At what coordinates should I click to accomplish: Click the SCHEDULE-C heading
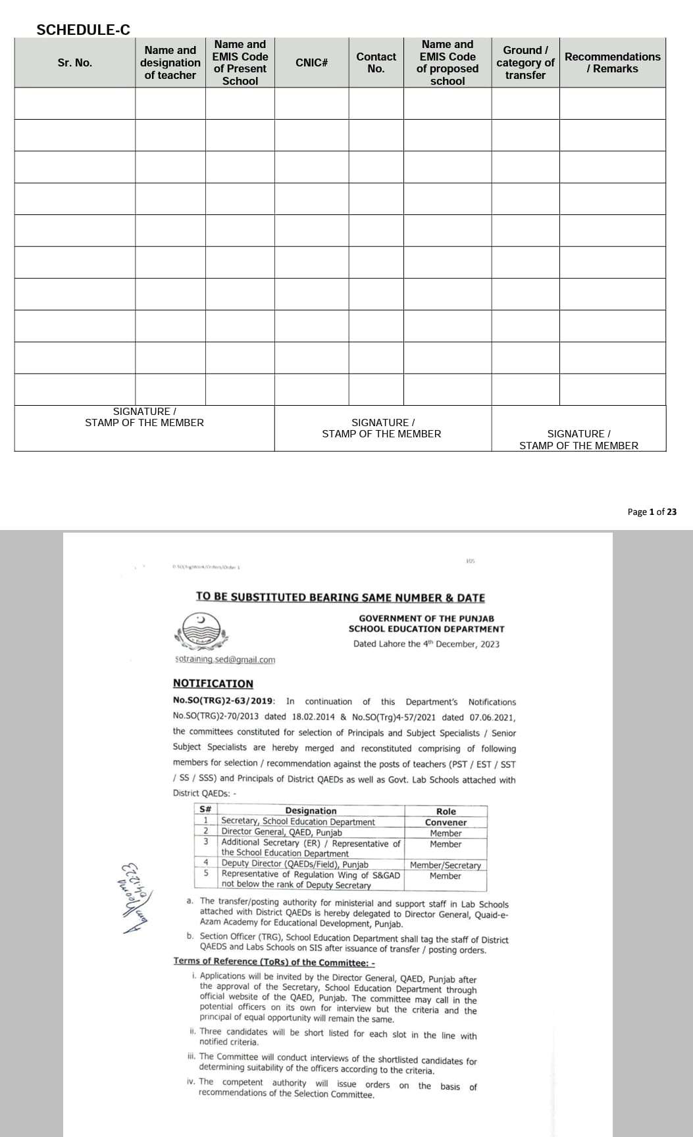pos(84,30)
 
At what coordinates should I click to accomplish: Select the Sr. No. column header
pos(74,62)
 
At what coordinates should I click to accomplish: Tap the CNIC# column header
pos(311,62)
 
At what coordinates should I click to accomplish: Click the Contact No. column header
pos(376,62)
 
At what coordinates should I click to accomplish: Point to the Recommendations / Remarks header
pos(612,62)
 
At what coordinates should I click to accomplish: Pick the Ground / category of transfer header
pos(525,62)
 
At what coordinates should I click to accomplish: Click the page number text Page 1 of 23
pos(652,512)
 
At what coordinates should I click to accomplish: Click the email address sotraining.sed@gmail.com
pos(225,660)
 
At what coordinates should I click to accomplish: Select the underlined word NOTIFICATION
pos(213,684)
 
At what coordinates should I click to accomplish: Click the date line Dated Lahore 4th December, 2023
pos(426,644)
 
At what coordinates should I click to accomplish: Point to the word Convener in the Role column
pos(446,822)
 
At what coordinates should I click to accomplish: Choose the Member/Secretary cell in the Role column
pos(446,865)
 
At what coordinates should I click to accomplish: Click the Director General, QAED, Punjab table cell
pos(282,833)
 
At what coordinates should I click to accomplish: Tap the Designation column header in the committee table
pos(311,811)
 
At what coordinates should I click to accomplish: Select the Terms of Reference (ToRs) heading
pos(274,962)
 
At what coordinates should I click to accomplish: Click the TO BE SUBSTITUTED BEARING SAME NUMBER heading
pos(340,597)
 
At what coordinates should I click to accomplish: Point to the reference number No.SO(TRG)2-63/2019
pos(224,702)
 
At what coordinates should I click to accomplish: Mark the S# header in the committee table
pos(205,810)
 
